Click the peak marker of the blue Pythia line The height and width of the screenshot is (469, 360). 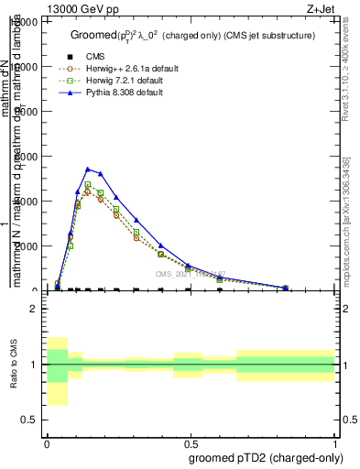click(x=88, y=169)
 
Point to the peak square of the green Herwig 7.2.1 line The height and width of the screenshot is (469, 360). click(x=88, y=184)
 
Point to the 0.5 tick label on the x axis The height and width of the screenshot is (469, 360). click(x=191, y=442)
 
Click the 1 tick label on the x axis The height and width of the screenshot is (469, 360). click(x=335, y=442)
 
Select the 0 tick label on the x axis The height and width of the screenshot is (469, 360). click(x=47, y=442)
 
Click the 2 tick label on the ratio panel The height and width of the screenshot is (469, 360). click(x=34, y=309)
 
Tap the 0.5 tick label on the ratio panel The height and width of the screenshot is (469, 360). click(x=31, y=420)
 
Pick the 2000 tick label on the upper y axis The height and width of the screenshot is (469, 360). click(x=27, y=246)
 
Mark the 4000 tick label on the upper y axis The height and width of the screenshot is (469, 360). click(x=27, y=202)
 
